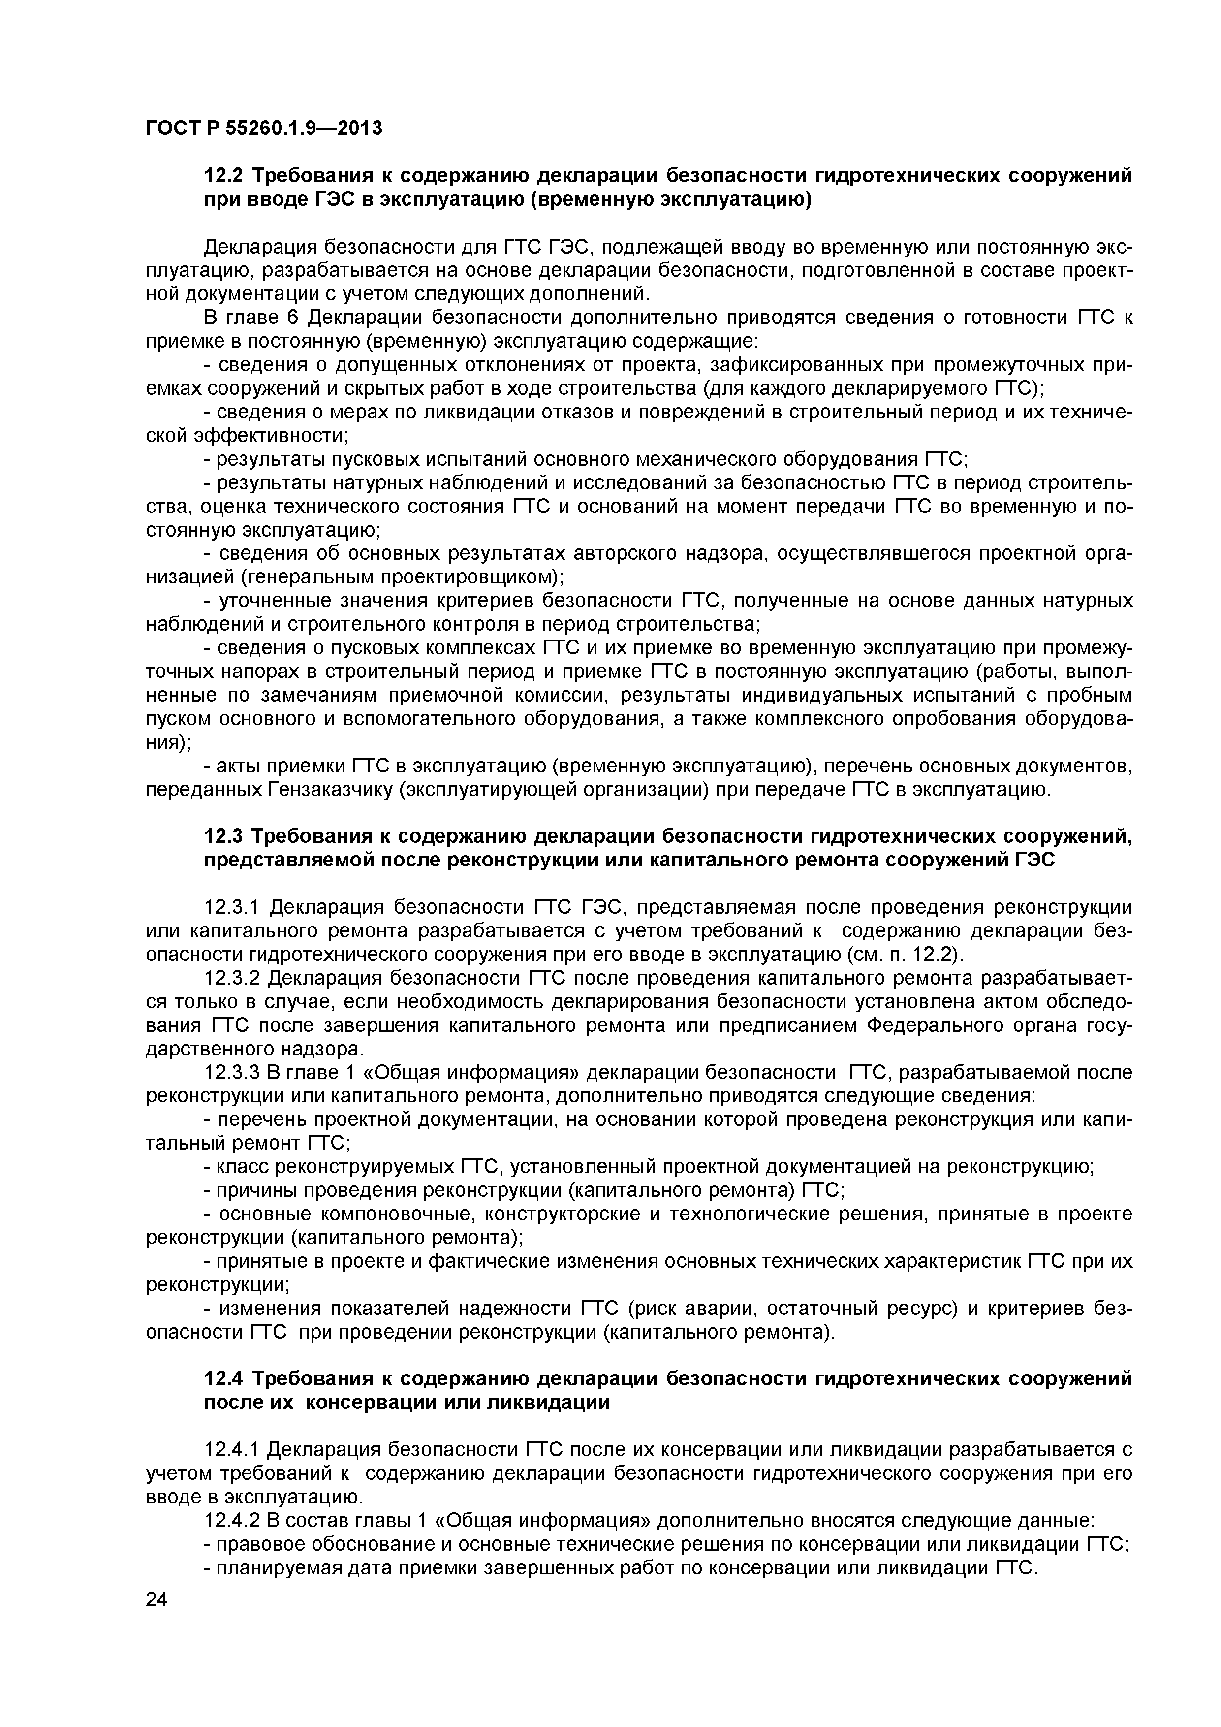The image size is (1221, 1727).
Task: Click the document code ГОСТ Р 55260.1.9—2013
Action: click(264, 128)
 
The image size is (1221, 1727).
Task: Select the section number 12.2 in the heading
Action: click(223, 176)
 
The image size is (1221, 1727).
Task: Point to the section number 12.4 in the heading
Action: click(223, 1379)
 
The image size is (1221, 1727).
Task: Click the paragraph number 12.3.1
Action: click(232, 908)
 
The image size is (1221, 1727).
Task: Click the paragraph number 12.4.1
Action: click(232, 1449)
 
